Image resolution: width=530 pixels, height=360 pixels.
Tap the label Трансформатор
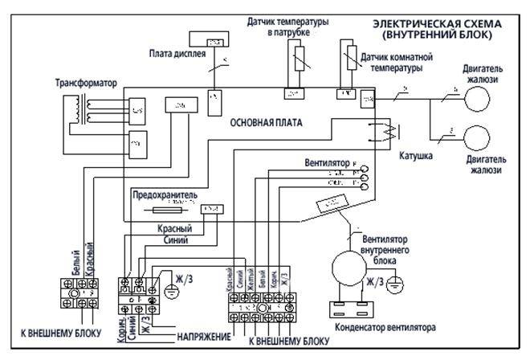point(86,83)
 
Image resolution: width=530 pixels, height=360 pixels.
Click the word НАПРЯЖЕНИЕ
point(201,334)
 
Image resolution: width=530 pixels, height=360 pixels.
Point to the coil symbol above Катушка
point(385,132)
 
